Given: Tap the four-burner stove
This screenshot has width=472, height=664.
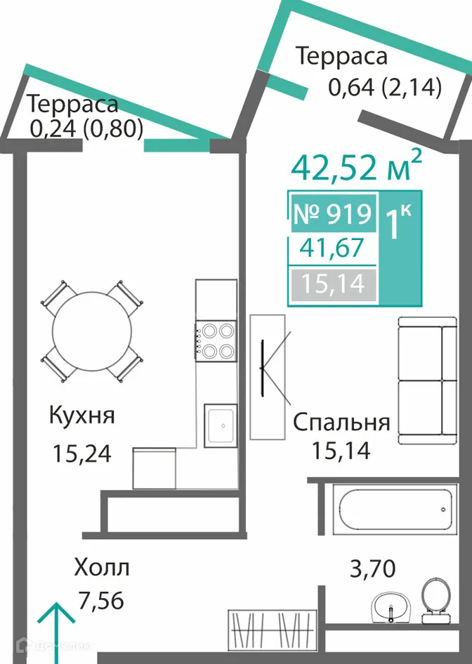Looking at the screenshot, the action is tap(216, 341).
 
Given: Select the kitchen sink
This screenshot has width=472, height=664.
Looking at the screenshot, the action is tap(221, 425).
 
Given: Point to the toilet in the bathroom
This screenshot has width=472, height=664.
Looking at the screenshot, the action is tap(436, 601).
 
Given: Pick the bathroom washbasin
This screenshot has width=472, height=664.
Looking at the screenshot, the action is tap(391, 608).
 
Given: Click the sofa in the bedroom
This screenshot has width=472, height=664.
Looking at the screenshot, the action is tap(428, 380).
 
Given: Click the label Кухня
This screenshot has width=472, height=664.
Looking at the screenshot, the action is tap(81, 416).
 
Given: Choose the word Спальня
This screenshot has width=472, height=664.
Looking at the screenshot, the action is tap(341, 423).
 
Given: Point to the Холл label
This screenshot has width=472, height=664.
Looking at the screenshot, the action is tap(102, 568).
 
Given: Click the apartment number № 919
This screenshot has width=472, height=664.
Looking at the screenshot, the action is tap(333, 213).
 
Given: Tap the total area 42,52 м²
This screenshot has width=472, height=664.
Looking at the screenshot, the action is tap(357, 167).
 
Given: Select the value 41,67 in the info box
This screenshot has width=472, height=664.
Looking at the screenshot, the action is tap(332, 248).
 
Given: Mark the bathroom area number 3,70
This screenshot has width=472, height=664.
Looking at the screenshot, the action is tap(372, 569).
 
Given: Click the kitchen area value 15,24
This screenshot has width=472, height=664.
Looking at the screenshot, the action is tap(81, 453).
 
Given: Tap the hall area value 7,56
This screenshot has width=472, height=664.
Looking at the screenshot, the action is tap(101, 601).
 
